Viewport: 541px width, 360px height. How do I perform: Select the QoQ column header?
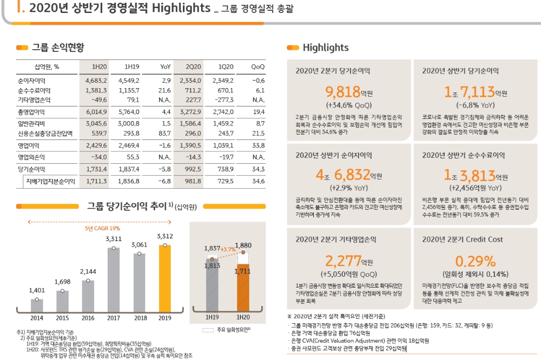(258, 66)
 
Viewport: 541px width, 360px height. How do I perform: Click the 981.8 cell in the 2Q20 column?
(193, 181)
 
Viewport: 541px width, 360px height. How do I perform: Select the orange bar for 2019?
(164, 278)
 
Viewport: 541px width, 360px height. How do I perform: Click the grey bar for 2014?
(37, 305)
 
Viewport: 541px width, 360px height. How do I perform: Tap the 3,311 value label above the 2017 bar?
(114, 238)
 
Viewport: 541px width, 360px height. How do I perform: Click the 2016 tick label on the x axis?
(88, 318)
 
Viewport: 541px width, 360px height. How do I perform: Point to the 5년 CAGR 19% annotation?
(102, 229)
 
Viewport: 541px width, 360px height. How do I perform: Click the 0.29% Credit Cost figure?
(475, 261)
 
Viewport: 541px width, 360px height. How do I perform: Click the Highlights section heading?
(326, 48)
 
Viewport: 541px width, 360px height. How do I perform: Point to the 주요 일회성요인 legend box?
(208, 329)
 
